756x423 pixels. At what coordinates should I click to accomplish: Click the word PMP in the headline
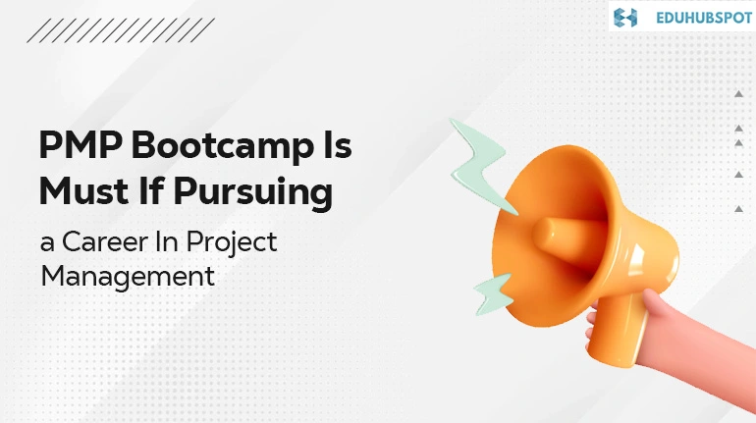point(81,144)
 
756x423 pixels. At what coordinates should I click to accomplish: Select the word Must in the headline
point(83,190)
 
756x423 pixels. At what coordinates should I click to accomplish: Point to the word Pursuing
point(252,194)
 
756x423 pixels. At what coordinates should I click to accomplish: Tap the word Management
point(128,278)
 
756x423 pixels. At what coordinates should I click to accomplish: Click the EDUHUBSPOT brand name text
point(703,18)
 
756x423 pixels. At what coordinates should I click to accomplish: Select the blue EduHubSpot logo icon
point(625,18)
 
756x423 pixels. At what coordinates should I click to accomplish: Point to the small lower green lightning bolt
point(494,293)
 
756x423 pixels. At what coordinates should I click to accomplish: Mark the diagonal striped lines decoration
point(121,30)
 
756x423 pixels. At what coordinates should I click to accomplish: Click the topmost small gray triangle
point(738,94)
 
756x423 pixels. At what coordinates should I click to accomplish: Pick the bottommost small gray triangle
point(738,209)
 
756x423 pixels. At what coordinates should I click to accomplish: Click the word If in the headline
point(151,190)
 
